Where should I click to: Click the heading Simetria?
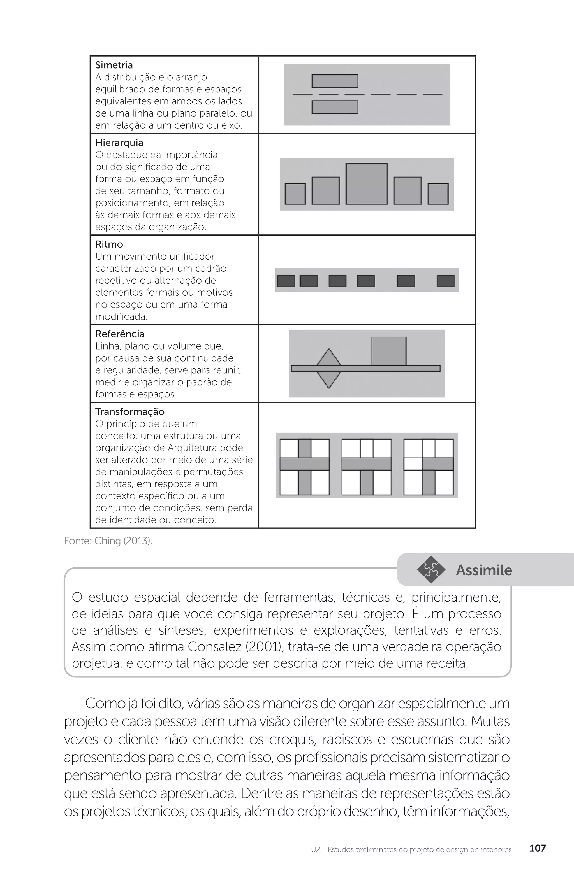[114, 65]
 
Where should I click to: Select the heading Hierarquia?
[119, 143]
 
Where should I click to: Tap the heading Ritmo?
[109, 244]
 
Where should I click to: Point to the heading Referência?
[120, 334]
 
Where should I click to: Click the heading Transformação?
[130, 412]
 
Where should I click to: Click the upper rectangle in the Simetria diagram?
[335, 81]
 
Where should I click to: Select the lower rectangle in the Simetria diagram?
[335, 107]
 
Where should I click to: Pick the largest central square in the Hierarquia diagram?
[366, 184]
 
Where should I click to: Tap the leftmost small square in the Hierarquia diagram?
[295, 194]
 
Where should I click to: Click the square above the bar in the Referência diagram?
[389, 351]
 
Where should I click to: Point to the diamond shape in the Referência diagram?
[328, 368]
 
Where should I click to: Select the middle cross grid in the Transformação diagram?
[366, 467]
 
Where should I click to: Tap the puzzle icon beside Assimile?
[430, 570]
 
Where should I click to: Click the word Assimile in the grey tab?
[483, 570]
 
